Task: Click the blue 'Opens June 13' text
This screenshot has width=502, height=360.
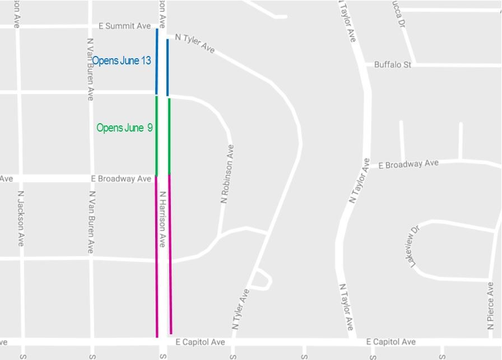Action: point(122,60)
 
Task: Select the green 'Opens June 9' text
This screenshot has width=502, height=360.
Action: point(124,128)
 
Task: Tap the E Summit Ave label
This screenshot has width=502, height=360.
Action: point(124,26)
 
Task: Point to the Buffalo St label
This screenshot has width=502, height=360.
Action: point(392,65)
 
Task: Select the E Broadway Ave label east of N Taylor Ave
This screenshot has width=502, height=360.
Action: point(408,164)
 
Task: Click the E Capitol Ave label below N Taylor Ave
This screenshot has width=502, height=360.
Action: point(391,342)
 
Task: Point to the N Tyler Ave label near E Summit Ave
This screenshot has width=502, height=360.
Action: point(194,43)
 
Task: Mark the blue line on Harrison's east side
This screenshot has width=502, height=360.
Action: point(168,67)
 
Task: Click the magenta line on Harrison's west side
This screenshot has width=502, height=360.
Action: point(156,258)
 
